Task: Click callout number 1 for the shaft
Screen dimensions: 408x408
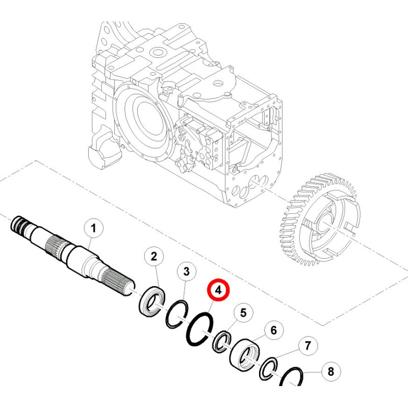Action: tap(93, 228)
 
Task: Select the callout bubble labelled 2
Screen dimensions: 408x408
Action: tap(154, 257)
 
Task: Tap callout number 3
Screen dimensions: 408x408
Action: tap(187, 271)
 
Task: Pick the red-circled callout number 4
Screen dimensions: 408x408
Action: tap(219, 290)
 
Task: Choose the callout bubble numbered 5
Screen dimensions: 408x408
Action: tap(243, 313)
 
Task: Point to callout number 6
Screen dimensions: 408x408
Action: tap(274, 330)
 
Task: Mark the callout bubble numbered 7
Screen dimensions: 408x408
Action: tap(308, 346)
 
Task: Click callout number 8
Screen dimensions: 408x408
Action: tap(331, 372)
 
